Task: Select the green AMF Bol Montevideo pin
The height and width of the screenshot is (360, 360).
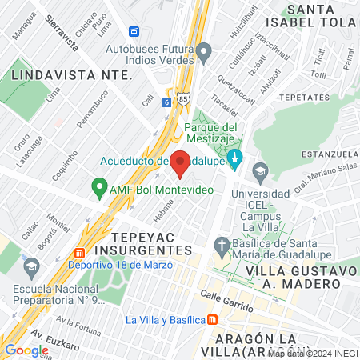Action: [x=99, y=190]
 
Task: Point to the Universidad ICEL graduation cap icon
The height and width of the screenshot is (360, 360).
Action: [x=260, y=172]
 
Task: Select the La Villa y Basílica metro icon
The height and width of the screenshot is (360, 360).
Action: [x=211, y=319]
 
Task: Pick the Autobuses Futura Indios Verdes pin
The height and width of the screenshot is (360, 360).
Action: [x=203, y=54]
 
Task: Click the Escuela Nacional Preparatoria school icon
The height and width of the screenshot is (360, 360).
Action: [x=30, y=266]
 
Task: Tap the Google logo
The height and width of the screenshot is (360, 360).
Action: [x=26, y=350]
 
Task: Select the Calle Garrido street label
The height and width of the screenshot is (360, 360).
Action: [x=226, y=302]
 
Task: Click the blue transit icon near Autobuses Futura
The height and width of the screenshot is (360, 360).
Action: [x=134, y=32]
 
